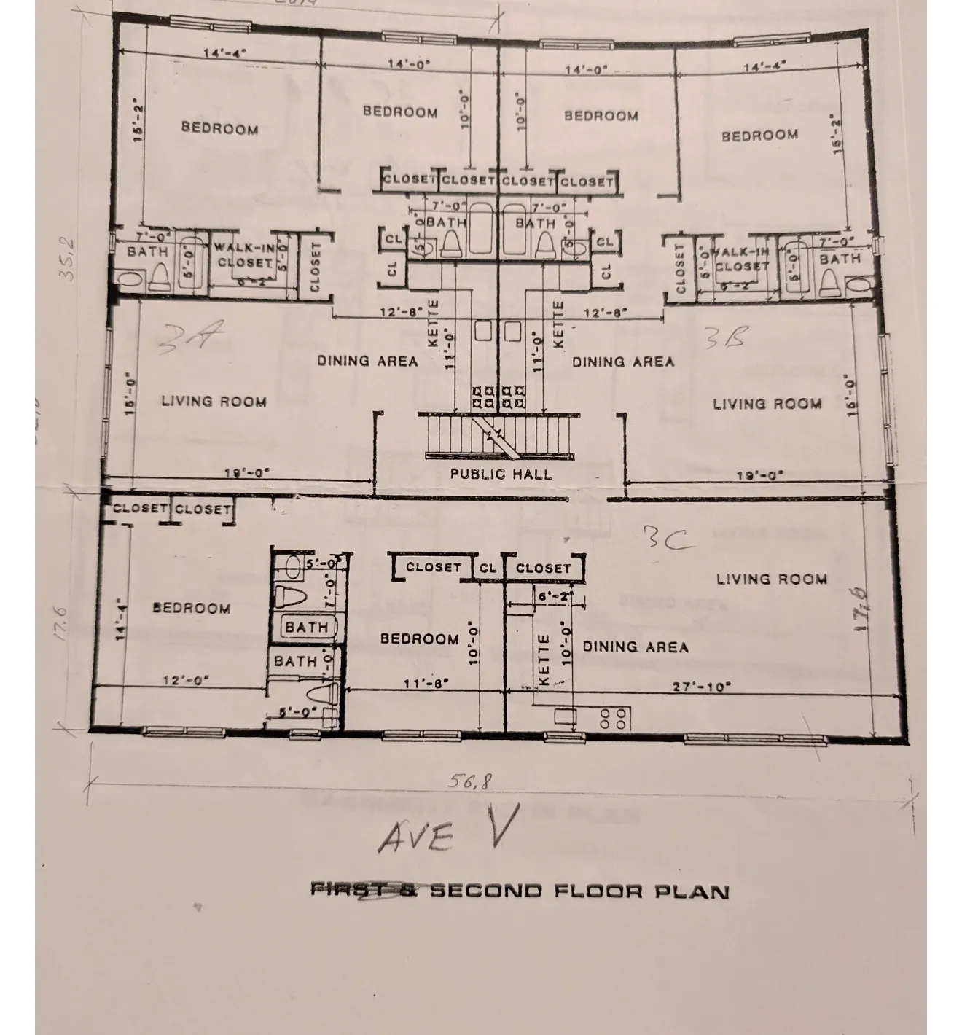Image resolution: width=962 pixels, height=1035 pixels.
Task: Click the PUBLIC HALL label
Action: click(501, 474)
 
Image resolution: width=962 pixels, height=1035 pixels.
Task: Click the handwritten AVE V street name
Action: click(447, 832)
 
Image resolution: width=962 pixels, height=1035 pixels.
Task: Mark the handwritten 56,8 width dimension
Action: click(471, 781)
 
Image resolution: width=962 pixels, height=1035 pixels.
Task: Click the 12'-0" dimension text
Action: click(186, 680)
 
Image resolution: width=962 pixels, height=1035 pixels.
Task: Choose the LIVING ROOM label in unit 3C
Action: click(771, 579)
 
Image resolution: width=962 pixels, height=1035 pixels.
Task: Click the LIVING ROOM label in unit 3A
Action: click(214, 401)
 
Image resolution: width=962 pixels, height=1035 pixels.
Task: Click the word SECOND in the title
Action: click(486, 891)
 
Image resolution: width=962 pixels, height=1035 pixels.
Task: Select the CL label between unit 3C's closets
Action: click(488, 568)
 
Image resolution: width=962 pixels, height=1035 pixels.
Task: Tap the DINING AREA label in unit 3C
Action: click(635, 647)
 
